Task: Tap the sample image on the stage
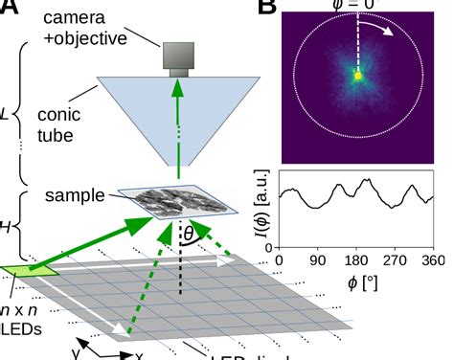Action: click(183, 204)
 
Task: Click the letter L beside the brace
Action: click(7, 113)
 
